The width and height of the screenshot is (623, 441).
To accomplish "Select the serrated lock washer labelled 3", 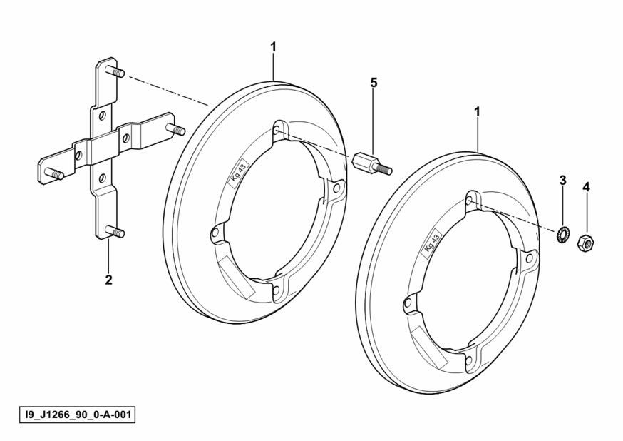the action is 562,231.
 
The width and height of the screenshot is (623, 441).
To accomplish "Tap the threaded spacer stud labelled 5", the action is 372,164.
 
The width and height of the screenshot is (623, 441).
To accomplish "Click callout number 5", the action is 373,83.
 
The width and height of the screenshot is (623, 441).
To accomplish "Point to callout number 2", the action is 108,280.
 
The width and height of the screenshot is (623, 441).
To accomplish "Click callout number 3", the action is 562,181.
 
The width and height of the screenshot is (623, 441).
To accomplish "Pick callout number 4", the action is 587,186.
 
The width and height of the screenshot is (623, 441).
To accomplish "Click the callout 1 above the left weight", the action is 273,47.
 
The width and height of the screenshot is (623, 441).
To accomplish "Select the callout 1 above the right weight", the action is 477,112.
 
